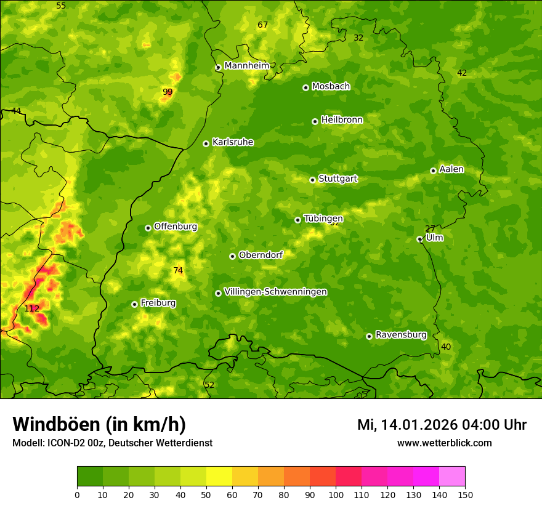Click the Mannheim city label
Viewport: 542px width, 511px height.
pyautogui.click(x=247, y=66)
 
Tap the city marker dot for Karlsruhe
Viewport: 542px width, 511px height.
pyautogui.click(x=206, y=143)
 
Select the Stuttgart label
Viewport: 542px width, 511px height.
pyautogui.click(x=338, y=179)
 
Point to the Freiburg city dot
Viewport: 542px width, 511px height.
pyautogui.click(x=134, y=304)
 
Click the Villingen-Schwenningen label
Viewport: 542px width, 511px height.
pyautogui.click(x=275, y=292)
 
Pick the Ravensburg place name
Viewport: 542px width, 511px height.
pyautogui.click(x=401, y=335)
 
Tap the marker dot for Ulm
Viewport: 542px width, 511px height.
pyautogui.click(x=419, y=239)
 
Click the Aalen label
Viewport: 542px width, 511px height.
pyautogui.click(x=451, y=169)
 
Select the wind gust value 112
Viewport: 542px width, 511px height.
pyautogui.click(x=32, y=308)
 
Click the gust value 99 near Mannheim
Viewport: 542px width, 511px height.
pyautogui.click(x=168, y=92)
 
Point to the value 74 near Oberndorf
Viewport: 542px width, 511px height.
pyautogui.click(x=178, y=270)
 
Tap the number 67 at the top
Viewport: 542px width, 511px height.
pyautogui.click(x=263, y=25)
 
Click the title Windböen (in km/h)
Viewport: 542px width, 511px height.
pyautogui.click(x=99, y=424)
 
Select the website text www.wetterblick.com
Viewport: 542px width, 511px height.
pyautogui.click(x=444, y=443)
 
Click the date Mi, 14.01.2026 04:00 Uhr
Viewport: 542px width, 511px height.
pyautogui.click(x=442, y=425)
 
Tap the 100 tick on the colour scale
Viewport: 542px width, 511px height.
pyautogui.click(x=336, y=494)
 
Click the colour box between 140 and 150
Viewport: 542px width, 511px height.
pyautogui.click(x=452, y=477)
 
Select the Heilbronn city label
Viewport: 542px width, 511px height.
pyautogui.click(x=342, y=120)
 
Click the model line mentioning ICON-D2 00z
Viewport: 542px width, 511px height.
pyautogui.click(x=112, y=443)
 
